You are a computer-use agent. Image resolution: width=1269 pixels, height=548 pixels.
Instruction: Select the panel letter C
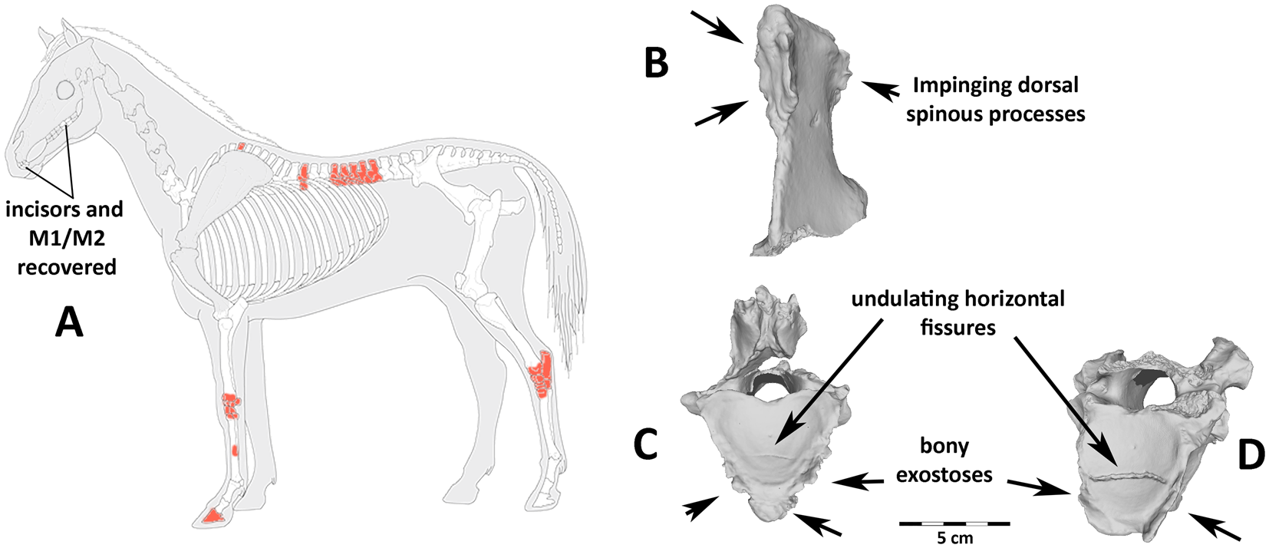tap(645, 444)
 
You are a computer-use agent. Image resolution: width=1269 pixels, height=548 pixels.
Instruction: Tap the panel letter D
tap(1251, 455)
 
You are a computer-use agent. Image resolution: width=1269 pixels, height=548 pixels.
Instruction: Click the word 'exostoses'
tap(944, 475)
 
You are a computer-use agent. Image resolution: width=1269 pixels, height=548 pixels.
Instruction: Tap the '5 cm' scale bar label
tap(954, 538)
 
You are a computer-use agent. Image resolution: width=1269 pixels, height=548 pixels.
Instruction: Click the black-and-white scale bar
tap(954, 523)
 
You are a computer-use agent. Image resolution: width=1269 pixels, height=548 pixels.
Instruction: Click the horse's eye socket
tap(67, 91)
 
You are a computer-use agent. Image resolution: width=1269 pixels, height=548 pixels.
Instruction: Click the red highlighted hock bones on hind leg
tap(542, 374)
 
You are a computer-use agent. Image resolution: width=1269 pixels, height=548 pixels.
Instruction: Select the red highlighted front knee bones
tap(230, 405)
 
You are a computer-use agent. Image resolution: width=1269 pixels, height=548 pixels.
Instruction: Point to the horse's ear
tap(71, 34)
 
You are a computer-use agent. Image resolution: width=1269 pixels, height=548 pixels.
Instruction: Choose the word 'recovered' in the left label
tap(67, 267)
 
